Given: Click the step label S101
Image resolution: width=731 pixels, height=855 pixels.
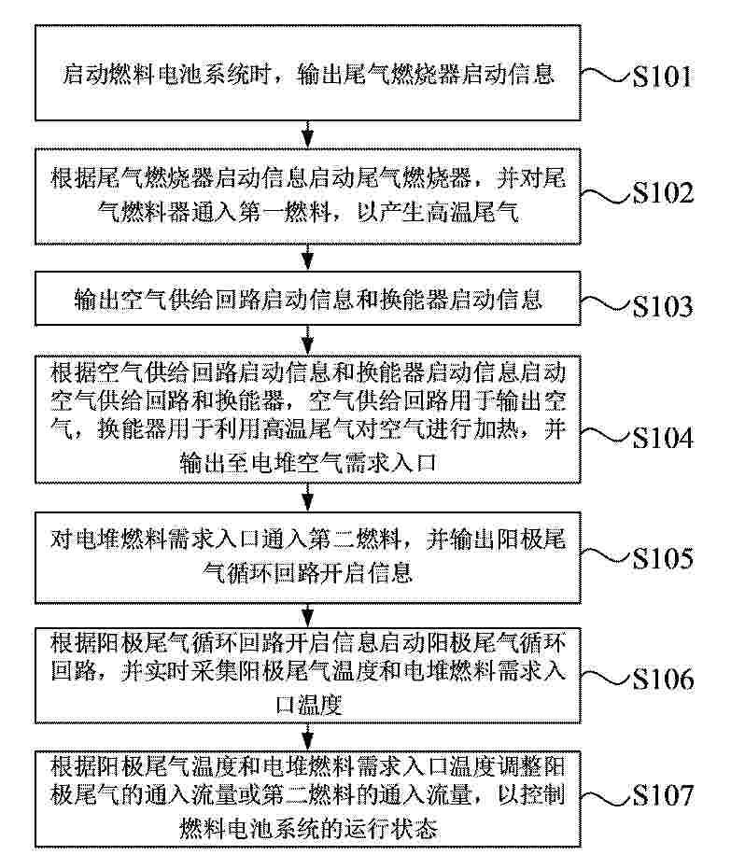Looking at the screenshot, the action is click(x=662, y=77).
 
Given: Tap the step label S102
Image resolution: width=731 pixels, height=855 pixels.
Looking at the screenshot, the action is click(x=663, y=193).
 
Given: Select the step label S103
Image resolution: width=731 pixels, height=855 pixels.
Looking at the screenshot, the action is click(x=663, y=306).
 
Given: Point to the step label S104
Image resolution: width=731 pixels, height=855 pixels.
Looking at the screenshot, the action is click(x=663, y=438).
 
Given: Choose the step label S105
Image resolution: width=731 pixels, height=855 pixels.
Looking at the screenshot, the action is click(x=663, y=558).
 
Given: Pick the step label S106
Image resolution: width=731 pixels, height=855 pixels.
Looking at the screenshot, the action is click(x=663, y=679).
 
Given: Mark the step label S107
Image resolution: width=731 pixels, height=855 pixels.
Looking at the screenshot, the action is click(x=663, y=795).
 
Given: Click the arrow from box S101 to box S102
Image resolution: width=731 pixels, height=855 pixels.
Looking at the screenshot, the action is click(x=308, y=134).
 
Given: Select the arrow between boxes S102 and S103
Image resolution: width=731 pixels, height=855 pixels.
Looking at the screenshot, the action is click(x=308, y=258).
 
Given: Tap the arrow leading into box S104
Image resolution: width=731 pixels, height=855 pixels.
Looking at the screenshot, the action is click(x=308, y=341).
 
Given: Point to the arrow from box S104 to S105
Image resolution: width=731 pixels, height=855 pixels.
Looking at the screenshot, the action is click(x=308, y=498).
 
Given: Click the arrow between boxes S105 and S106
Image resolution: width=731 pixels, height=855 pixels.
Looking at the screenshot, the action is click(x=308, y=616).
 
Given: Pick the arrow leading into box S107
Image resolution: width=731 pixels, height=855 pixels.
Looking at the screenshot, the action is click(x=308, y=737).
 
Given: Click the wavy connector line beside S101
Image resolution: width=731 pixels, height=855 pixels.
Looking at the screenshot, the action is click(x=606, y=76).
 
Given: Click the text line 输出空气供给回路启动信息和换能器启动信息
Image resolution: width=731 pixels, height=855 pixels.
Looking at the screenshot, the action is click(x=308, y=300).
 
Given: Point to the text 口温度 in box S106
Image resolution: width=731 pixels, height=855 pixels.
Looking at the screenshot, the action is click(x=309, y=705).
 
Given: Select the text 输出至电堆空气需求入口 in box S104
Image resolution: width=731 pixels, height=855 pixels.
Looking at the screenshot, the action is click(x=308, y=462).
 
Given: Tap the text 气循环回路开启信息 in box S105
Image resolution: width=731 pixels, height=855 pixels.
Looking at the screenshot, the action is click(x=307, y=572).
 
